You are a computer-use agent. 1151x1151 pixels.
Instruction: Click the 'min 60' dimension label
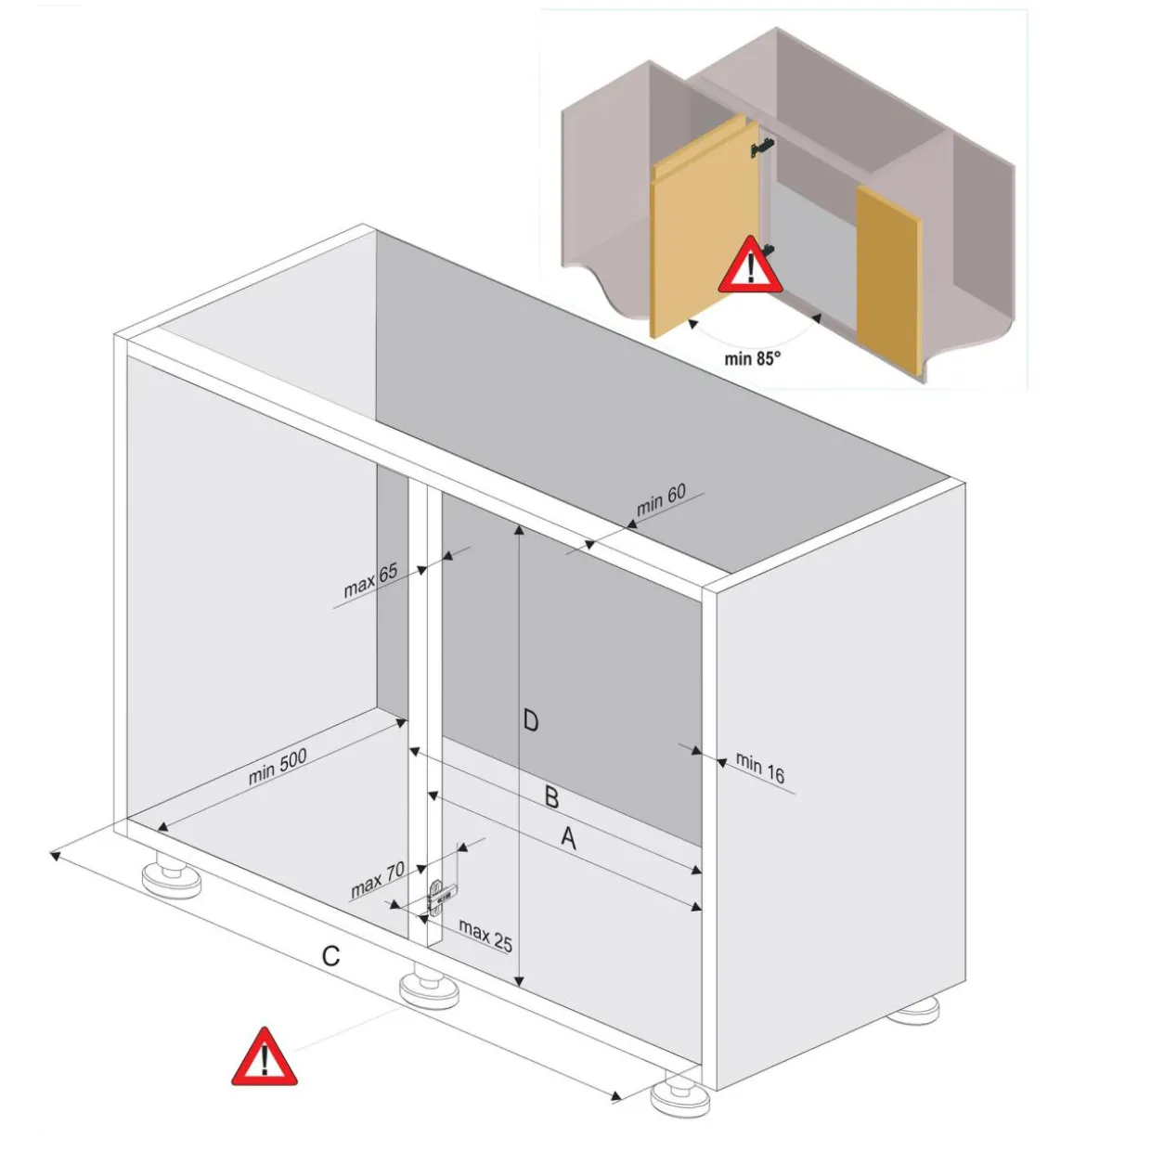(x=661, y=499)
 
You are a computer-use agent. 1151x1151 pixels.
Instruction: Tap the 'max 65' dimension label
(x=370, y=580)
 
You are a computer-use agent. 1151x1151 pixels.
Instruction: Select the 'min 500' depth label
(x=278, y=766)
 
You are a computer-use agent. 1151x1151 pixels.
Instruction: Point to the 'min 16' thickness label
(x=760, y=768)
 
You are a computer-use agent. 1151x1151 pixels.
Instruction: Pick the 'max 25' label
(x=485, y=935)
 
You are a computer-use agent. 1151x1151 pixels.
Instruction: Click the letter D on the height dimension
(x=530, y=721)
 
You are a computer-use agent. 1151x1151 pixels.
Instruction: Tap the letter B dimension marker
(x=551, y=798)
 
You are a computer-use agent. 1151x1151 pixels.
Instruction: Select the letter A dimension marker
(x=569, y=838)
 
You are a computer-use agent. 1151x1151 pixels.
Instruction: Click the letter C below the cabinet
(x=330, y=956)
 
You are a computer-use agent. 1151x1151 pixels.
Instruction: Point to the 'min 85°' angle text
(x=752, y=358)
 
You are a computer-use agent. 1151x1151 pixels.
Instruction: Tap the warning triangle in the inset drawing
(x=750, y=265)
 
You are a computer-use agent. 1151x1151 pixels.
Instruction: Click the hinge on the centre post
(x=440, y=896)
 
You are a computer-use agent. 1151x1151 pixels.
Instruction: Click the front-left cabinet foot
(x=172, y=879)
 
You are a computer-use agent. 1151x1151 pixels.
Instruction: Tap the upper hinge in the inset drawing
(x=763, y=147)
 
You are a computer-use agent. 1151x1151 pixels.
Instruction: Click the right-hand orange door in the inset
(x=888, y=279)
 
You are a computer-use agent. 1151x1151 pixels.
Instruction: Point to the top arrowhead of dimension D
(x=520, y=529)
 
